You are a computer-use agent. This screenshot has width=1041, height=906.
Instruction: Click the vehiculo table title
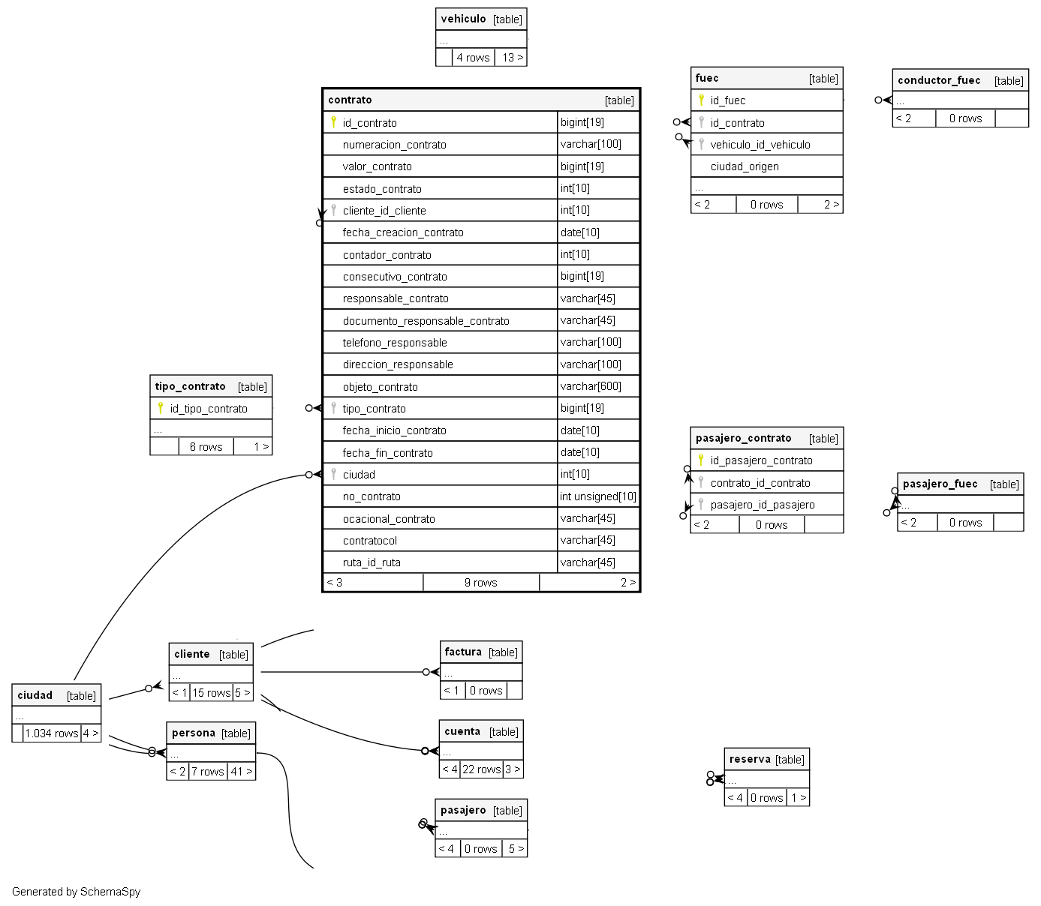pos(464,19)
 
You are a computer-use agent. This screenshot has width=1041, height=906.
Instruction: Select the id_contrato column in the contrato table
pos(369,123)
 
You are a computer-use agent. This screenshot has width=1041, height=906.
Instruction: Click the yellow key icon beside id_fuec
pos(701,100)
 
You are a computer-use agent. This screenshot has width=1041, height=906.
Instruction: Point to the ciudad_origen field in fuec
pos(745,166)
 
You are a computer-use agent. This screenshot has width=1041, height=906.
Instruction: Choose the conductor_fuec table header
pos(939,80)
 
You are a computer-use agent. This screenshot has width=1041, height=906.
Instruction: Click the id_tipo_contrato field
pos(209,409)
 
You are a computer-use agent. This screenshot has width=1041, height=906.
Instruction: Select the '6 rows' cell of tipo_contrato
pos(206,447)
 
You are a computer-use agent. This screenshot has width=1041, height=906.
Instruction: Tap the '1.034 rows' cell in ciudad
pos(52,733)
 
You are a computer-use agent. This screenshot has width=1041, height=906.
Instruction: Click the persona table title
pos(194,733)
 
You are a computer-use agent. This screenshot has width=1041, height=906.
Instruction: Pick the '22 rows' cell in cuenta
pos(481,769)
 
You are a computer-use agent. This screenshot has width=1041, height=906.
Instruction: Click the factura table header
pos(463,652)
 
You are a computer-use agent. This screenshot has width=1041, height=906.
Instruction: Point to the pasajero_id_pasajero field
pos(763,505)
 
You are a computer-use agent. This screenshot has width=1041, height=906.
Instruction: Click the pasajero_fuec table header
pos(940,484)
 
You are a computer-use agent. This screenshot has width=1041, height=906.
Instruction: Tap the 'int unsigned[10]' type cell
pos(597,496)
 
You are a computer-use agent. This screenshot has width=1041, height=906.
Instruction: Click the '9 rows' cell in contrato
pos(480,583)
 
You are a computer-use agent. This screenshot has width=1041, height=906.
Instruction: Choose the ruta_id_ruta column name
pos(372,562)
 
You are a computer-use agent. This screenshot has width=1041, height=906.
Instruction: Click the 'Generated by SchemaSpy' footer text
pos(76,892)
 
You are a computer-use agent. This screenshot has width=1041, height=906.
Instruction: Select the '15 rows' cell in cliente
pos(211,693)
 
